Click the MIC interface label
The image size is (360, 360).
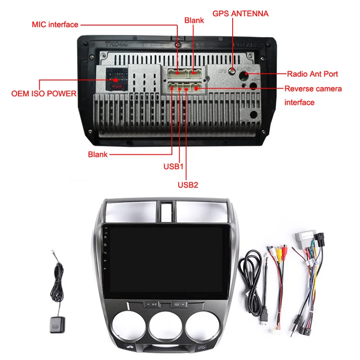[x=55, y=24]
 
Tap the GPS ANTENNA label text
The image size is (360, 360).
[x=241, y=13]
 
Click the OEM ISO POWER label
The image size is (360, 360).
[x=44, y=94]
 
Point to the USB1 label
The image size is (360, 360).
[x=174, y=166]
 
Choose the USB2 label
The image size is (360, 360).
[x=187, y=184]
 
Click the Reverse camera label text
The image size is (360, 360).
[x=313, y=89]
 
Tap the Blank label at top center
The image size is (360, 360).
[x=194, y=20]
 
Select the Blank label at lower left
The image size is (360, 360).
[x=98, y=154]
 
